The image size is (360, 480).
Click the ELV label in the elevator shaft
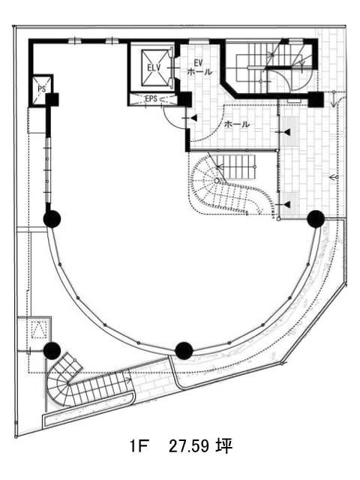pos(153,67)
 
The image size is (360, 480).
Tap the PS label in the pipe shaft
pos(42,89)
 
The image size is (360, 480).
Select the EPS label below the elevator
pos(151,98)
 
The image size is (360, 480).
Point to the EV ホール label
pos(199,67)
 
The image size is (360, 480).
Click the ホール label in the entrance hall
pos(237,124)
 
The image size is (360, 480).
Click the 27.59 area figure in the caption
pos(188,446)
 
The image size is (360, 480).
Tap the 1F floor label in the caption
pos(139,446)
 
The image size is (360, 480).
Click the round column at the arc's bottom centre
pos(184,350)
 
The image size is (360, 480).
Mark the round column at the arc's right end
pos(316,219)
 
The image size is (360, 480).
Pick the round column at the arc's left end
pos(52,219)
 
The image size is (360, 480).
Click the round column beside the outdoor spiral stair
pos(52,351)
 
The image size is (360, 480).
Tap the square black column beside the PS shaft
pos(52,100)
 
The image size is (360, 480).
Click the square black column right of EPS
pos(185,100)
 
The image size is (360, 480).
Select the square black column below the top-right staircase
pos(316,99)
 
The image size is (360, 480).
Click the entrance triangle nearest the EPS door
pos(194,118)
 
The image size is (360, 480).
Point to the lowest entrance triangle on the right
pos(287,204)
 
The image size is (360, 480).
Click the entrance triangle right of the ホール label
pos(287,132)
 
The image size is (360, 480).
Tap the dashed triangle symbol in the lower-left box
pos(39,330)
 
